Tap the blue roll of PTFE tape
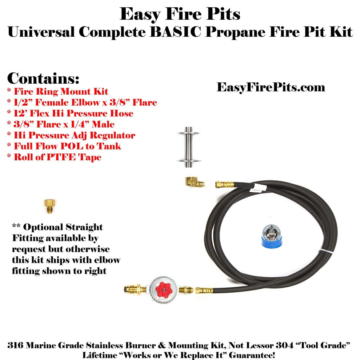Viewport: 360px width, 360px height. point(272,236)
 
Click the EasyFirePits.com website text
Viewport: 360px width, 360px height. point(271,87)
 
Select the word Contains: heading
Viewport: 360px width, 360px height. point(43,78)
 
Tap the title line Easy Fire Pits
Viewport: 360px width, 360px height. point(180,15)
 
